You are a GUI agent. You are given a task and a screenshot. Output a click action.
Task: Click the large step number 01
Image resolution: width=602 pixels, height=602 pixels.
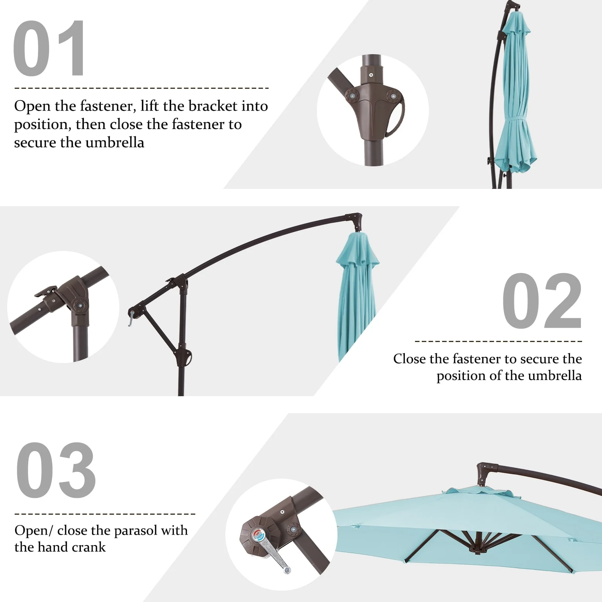pos(49,48)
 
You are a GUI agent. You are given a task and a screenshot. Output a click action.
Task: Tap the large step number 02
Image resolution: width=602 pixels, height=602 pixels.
pos(542,301)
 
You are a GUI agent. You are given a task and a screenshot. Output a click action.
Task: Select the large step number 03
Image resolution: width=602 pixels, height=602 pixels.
pos(56,470)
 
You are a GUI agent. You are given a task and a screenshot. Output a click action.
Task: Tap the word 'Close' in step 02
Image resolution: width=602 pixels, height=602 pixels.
pos(411,359)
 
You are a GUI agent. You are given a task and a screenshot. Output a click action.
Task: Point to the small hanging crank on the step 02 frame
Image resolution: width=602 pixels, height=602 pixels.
pos(131,319)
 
